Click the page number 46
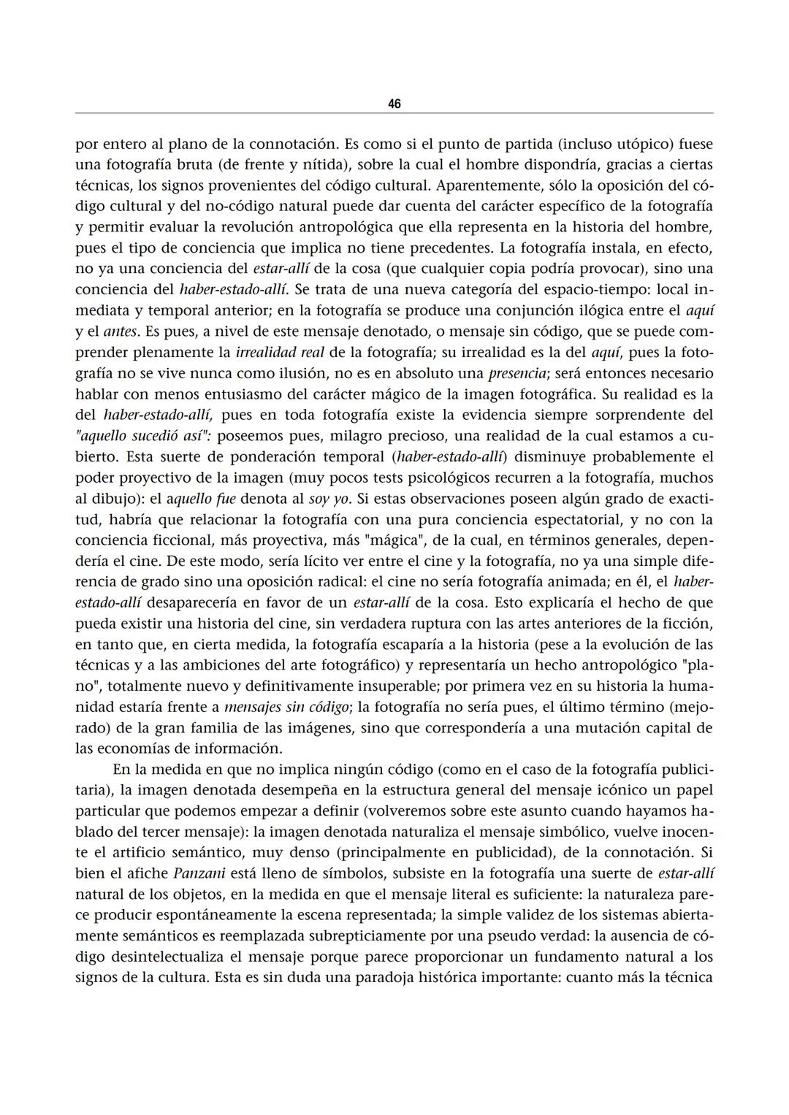click(394, 104)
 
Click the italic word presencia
click(517, 373)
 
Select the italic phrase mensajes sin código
click(286, 707)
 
